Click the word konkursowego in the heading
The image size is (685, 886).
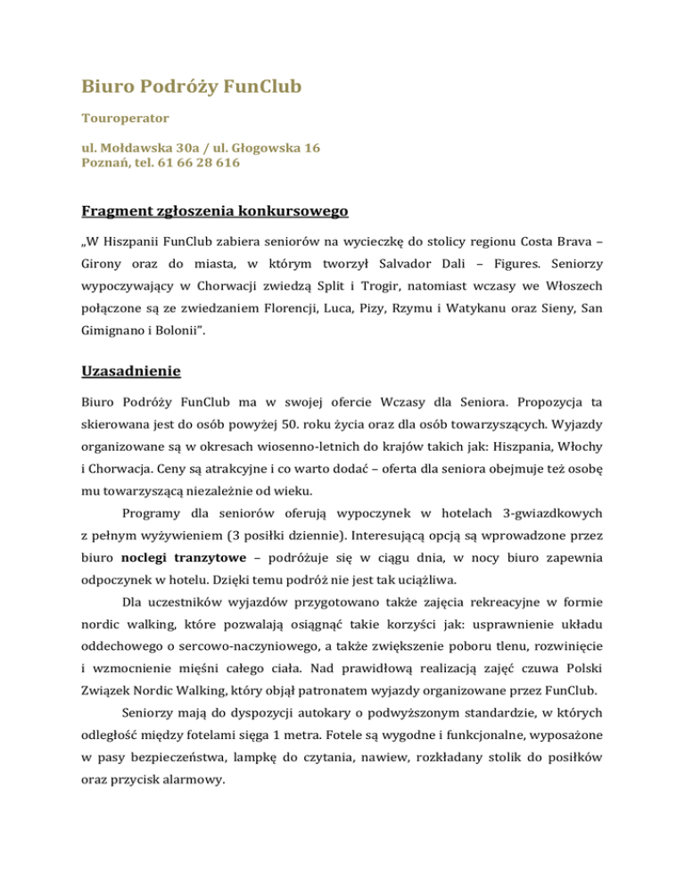(288, 210)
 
